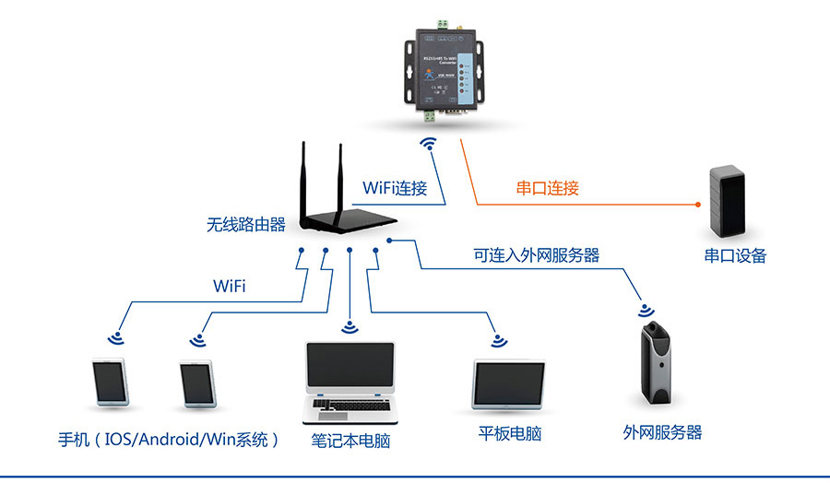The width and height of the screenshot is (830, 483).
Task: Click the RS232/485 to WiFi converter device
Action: [440, 70]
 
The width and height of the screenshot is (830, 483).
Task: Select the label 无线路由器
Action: [246, 224]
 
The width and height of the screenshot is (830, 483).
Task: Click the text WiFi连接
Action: [395, 188]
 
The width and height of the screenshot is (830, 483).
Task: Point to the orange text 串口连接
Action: [548, 188]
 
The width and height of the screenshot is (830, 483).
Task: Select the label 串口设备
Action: [735, 255]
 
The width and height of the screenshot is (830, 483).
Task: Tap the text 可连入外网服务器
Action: [537, 254]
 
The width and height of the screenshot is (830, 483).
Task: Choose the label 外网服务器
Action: [662, 431]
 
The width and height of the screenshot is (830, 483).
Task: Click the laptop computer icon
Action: [350, 383]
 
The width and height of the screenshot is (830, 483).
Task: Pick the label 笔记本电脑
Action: [350, 441]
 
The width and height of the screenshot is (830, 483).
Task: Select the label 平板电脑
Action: [509, 433]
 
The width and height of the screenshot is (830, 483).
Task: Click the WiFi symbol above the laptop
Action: [350, 327]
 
